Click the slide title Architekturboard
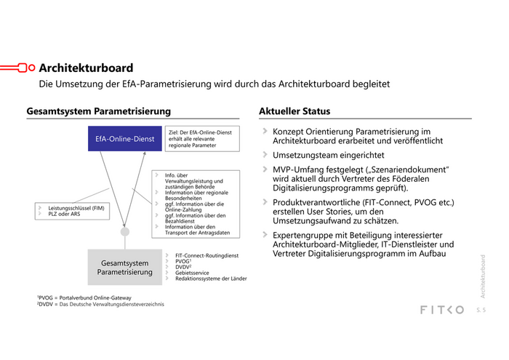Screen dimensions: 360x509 click(x=86, y=68)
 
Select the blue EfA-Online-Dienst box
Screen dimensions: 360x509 click(x=124, y=138)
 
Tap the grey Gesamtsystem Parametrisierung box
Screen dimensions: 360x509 click(x=124, y=268)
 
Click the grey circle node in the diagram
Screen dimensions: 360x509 click(x=124, y=231)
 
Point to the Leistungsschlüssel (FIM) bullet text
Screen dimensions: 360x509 click(x=77, y=208)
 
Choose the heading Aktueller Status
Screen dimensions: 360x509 click(x=294, y=111)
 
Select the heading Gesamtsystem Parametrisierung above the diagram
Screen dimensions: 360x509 click(x=99, y=111)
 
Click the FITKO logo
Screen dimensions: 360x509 click(x=441, y=310)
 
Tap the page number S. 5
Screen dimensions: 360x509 click(x=481, y=311)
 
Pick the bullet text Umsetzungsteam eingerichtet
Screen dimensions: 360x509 click(x=328, y=155)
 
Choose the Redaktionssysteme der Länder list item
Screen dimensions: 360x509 click(x=211, y=279)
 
